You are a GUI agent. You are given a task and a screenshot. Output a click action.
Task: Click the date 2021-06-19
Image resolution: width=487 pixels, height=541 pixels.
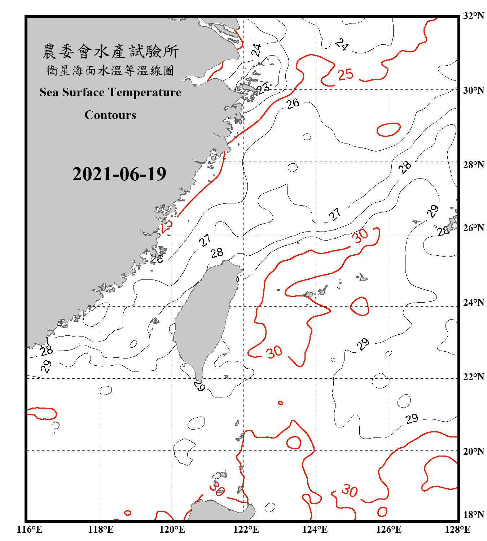click(x=119, y=174)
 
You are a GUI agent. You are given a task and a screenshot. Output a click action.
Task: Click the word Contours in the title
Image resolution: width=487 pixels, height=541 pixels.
click(x=110, y=115)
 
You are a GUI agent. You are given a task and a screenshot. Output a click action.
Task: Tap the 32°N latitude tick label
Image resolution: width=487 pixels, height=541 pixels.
click(x=474, y=16)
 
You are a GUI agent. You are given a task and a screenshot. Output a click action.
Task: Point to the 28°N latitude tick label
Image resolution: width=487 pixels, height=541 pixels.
click(x=474, y=165)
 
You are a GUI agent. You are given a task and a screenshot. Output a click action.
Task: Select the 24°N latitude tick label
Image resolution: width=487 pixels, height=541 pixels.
click(x=474, y=303)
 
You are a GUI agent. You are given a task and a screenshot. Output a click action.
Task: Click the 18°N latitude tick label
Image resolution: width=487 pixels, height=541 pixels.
click(x=474, y=515)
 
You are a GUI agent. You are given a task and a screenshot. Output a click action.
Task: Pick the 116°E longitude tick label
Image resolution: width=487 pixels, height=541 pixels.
click(x=29, y=530)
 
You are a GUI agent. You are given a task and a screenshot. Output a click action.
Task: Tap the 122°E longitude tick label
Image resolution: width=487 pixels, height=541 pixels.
click(x=246, y=530)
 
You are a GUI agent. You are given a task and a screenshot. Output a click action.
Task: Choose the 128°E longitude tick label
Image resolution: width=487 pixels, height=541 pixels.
click(x=457, y=530)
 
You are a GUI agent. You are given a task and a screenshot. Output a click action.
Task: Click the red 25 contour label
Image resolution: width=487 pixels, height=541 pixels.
click(x=345, y=75)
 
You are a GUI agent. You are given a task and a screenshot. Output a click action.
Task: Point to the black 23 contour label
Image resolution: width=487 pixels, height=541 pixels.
click(x=263, y=88)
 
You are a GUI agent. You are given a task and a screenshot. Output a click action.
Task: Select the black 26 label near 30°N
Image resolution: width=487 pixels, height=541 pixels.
click(x=293, y=104)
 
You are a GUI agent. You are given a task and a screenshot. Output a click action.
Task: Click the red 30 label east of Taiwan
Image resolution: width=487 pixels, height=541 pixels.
click(x=274, y=352)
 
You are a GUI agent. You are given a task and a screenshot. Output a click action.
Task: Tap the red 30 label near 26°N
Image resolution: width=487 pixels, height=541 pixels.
click(x=360, y=236)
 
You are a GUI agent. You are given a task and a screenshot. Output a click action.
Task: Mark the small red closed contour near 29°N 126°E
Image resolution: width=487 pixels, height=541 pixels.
click(x=389, y=129)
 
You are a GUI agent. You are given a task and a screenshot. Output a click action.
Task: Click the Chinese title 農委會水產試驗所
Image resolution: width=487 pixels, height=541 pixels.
click(x=110, y=51)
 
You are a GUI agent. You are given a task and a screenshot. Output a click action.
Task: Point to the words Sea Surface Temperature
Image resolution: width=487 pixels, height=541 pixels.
click(x=110, y=92)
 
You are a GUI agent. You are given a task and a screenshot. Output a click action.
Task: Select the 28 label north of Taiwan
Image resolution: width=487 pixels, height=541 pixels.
click(x=217, y=253)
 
